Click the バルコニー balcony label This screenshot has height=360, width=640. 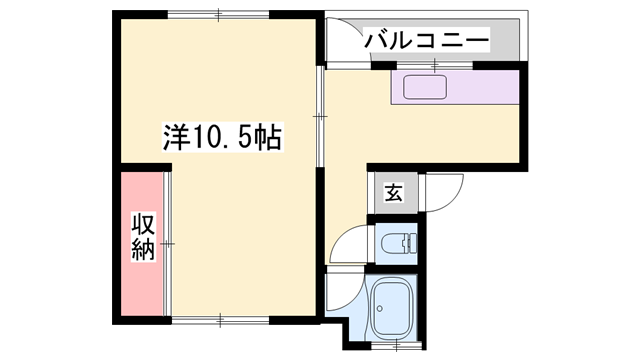[425, 40]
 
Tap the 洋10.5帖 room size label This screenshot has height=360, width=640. [222, 138]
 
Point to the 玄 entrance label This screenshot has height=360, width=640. [394, 193]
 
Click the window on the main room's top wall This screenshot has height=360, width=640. [218, 14]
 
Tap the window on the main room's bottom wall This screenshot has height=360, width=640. [220, 321]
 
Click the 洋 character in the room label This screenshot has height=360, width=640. [175, 138]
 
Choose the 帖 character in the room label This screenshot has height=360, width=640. [267, 138]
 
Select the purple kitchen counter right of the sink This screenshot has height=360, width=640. [490, 88]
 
